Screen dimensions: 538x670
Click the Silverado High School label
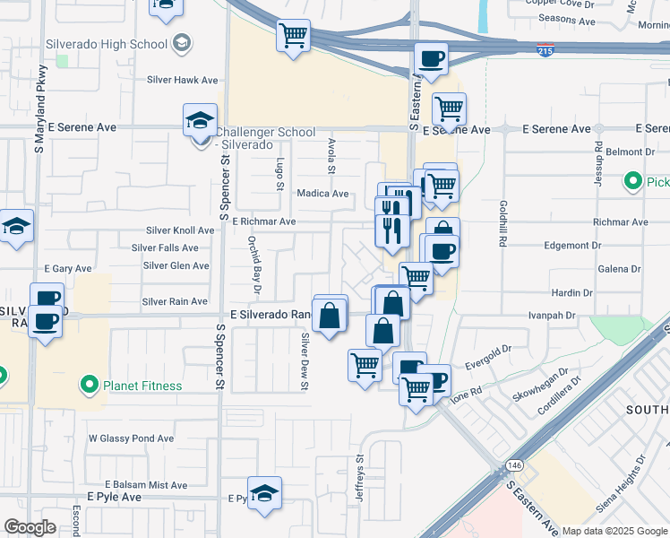[x=116, y=44]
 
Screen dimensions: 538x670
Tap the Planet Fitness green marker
[x=89, y=386]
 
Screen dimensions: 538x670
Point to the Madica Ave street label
[x=322, y=194]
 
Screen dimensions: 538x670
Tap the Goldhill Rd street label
[x=504, y=224]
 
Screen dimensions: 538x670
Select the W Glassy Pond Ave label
[x=131, y=438]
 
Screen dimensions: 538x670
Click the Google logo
[x=30, y=527]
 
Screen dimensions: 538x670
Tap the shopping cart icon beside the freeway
[x=293, y=37]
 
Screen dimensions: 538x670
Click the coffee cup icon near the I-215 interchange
[x=431, y=60]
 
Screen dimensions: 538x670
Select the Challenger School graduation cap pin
[x=200, y=121]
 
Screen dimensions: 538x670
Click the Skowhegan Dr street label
[x=540, y=385]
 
